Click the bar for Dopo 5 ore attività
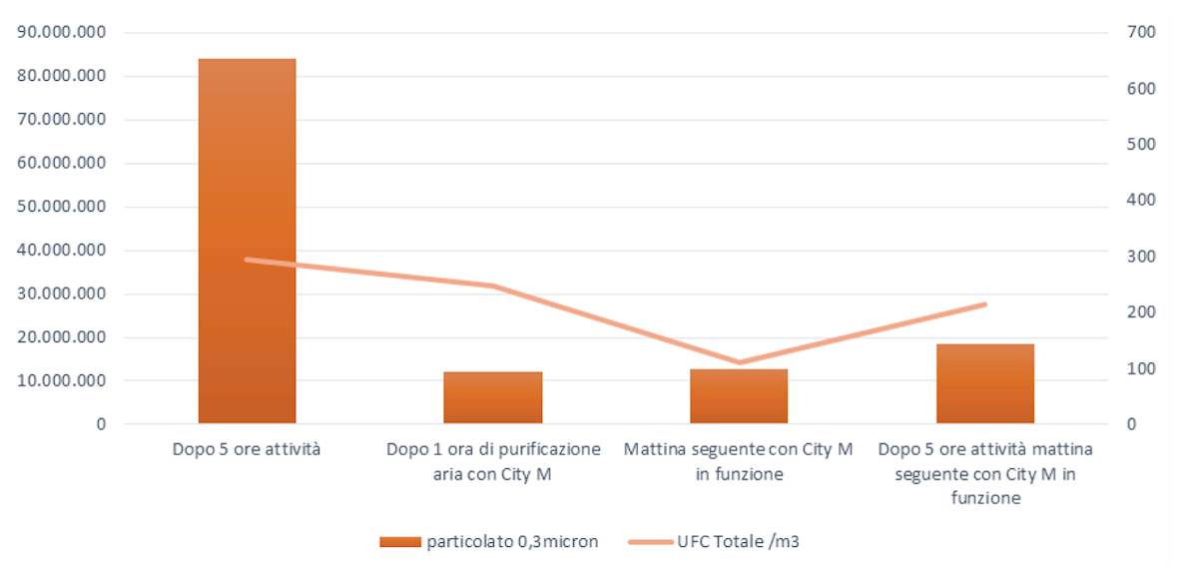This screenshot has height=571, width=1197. point(247,241)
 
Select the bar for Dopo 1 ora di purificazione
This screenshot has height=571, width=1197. point(493,397)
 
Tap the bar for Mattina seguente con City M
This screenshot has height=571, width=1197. point(739,396)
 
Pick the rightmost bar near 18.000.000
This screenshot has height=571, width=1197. point(984,383)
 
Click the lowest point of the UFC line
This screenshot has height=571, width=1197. point(739,362)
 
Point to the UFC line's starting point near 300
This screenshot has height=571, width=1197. point(247,260)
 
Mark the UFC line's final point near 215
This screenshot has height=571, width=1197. point(984,303)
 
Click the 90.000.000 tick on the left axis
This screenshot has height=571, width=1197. point(63,32)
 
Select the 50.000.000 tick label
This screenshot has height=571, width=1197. point(63,207)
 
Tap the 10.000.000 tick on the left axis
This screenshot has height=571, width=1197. point(63,380)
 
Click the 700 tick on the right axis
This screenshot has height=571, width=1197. point(1141,32)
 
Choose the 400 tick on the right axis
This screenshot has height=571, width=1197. point(1141,200)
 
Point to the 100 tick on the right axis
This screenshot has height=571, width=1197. point(1141,368)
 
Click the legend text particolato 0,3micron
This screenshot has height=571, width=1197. point(513,542)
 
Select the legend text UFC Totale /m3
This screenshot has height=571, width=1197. point(738,542)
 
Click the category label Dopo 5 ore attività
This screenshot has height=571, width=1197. point(247,450)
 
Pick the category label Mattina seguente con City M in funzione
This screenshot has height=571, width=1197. point(739,461)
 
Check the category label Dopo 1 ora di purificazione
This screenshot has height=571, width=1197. point(493,461)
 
